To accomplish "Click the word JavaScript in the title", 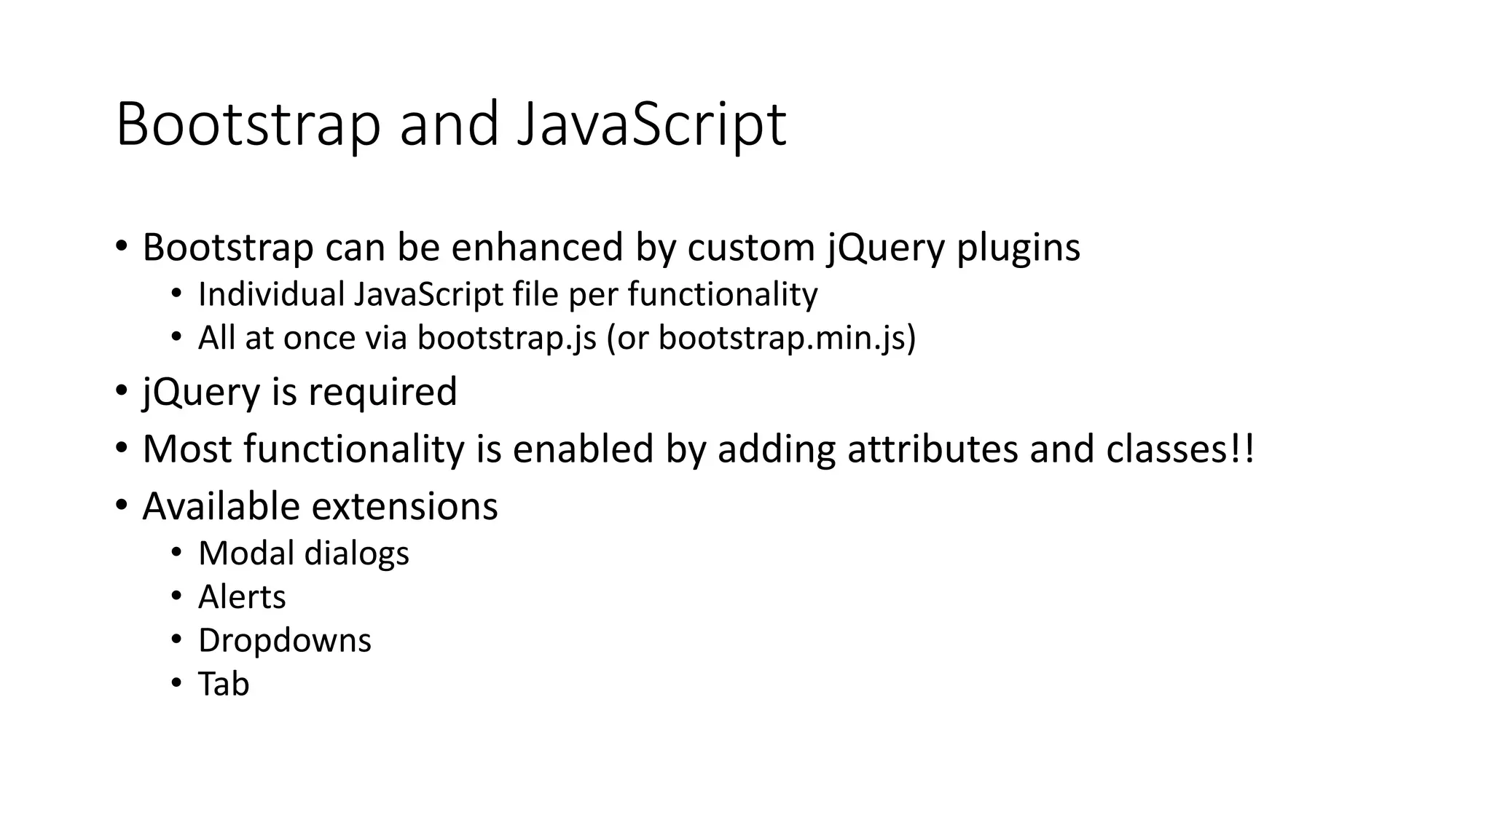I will (651, 125).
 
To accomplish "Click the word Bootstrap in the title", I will (248, 125).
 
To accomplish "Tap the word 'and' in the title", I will (449, 125).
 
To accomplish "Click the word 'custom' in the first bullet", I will (750, 248).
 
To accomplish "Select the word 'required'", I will (382, 393).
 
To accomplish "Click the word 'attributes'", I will (932, 449).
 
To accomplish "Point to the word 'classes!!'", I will (1180, 449).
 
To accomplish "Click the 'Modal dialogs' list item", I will (303, 554).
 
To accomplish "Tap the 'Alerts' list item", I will (242, 597).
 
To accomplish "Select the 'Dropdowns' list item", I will (284, 641).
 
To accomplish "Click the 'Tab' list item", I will (224, 685).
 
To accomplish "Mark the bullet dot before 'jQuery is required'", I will (121, 390).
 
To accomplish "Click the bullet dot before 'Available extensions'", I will (121, 504).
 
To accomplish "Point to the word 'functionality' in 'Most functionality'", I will (354, 449).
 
